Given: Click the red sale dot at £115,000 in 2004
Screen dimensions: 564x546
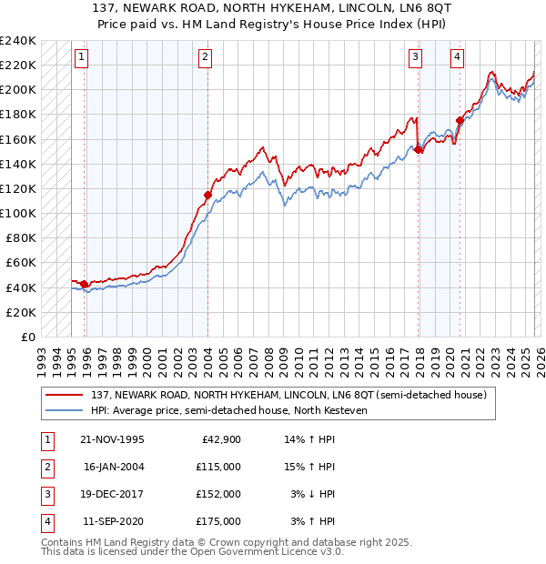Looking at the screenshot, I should (207, 195).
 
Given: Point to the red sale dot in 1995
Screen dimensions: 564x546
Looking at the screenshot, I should (85, 284).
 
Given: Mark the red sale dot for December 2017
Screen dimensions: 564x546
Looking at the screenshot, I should (419, 149).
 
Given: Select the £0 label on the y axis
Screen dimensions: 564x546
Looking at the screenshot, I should (27, 337).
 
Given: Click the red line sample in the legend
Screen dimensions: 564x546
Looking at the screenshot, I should (66, 395).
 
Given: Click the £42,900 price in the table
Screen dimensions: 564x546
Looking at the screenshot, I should (222, 439).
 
